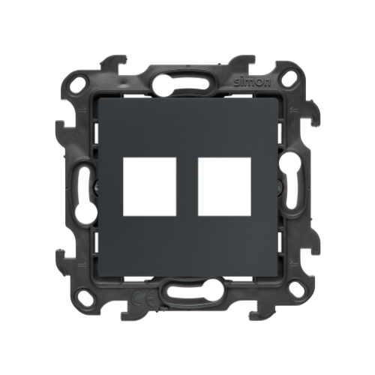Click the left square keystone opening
coord(150,187)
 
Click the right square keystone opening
coord(224,187)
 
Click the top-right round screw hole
coord(288,78)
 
